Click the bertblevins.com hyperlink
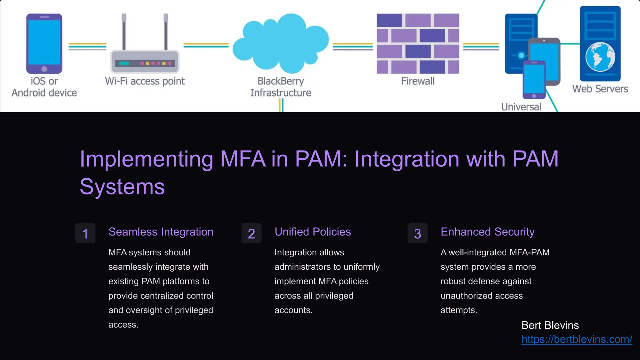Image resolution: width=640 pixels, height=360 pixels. coord(577,339)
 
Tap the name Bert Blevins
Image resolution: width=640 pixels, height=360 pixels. coord(550,325)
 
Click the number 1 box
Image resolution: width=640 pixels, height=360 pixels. coord(85,233)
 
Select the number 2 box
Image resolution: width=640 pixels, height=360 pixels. coord(251,233)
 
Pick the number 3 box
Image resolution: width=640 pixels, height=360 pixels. coord(417,233)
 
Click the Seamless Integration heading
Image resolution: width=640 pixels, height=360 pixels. coord(161,232)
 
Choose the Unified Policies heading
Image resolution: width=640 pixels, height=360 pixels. coord(312,232)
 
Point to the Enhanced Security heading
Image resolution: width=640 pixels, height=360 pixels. coord(487,232)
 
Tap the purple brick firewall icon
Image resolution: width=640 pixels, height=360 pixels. coord(418,43)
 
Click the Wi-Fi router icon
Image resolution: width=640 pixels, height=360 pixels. coord(145,61)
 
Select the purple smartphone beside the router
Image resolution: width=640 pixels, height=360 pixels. coord(44,43)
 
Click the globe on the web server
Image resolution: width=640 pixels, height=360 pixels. coord(600,57)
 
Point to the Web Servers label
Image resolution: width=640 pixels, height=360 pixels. coord(600,89)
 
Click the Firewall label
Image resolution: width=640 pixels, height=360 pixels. coord(418,81)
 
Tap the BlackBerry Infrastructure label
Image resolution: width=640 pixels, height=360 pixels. coord(280,87)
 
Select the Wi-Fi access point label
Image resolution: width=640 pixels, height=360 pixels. coord(145,81)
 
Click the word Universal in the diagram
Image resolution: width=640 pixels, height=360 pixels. coord(521,107)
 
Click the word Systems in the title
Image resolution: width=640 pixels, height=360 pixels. coord(122,187)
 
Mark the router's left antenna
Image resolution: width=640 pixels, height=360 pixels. coord(124,31)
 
